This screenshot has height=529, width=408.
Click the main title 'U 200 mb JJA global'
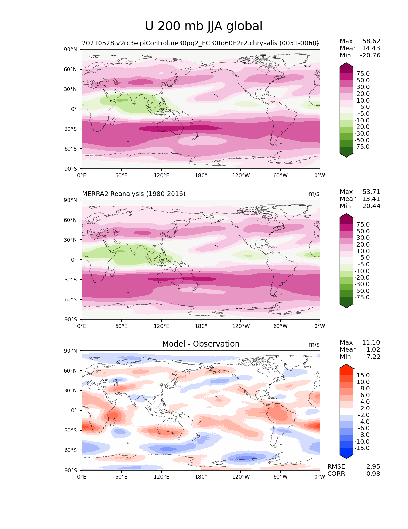[x=204, y=26]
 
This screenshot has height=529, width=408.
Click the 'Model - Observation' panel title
[x=201, y=344]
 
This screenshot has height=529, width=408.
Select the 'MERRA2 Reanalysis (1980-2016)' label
[x=133, y=194]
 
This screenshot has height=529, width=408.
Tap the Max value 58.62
[x=371, y=41]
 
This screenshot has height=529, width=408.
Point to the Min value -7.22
[x=372, y=357]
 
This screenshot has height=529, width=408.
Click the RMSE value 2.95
[x=373, y=466]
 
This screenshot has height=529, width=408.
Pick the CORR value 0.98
[x=373, y=474]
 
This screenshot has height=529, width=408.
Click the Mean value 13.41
[x=371, y=199]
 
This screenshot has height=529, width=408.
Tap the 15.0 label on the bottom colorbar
[x=363, y=375]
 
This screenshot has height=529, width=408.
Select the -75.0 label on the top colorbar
[x=362, y=147]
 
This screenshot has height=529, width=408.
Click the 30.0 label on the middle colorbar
[x=363, y=238]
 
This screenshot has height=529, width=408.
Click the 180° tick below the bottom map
[x=201, y=477]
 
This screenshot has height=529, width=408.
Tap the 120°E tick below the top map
[x=161, y=175]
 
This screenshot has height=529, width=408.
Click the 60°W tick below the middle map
[x=280, y=326]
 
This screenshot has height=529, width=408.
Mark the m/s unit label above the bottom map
[x=314, y=344]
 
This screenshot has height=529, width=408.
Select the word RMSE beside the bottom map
[x=336, y=466]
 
